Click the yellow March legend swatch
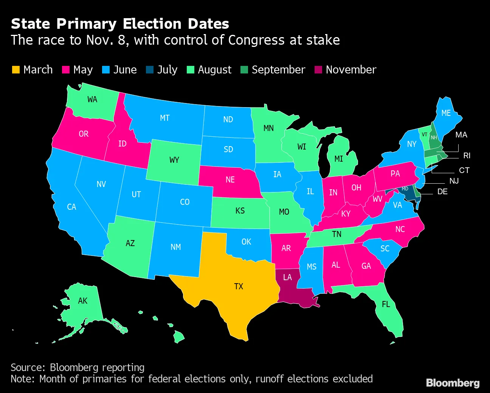point(16,70)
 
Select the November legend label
point(351,70)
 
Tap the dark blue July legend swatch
point(150,70)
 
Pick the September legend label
point(278,70)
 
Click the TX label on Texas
point(239,286)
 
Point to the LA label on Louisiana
point(288,278)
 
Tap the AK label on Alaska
point(83,301)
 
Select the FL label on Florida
point(386,304)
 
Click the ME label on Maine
point(446,113)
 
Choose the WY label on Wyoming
point(174,160)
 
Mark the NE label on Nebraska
point(230,179)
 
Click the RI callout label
point(467,156)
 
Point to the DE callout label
point(442,192)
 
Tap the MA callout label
point(461,135)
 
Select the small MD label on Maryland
point(405,189)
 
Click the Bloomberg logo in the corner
point(453,383)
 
